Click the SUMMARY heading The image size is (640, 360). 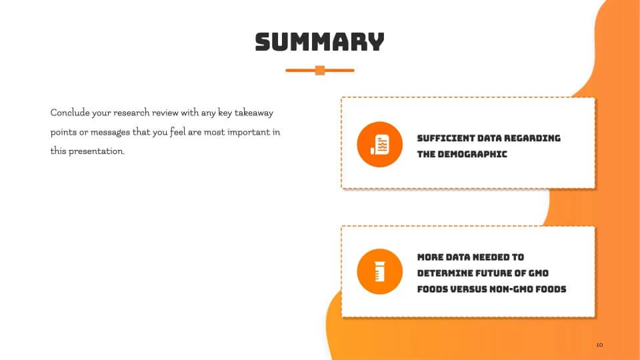[319, 42]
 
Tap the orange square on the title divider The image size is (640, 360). [320, 70]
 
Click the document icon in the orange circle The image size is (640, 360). [379, 145]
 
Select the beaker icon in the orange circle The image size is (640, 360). [379, 271]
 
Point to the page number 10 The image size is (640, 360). [599, 345]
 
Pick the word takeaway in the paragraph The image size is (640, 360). [254, 113]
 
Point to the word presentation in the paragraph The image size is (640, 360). [96, 151]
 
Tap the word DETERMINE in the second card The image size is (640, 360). [447, 273]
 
